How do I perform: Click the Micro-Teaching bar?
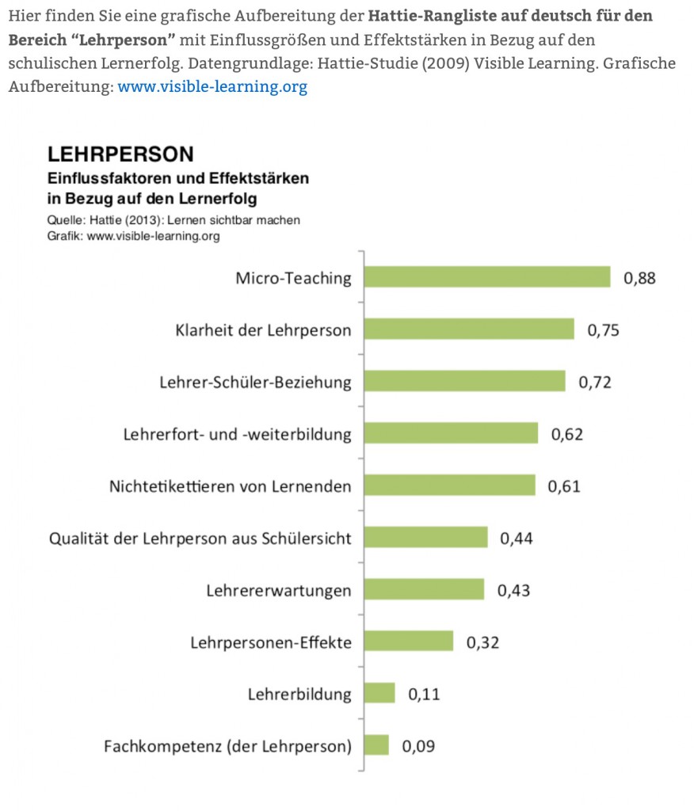[x=486, y=277]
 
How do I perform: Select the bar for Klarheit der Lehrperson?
[x=468, y=329]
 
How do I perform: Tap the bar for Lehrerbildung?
[x=379, y=694]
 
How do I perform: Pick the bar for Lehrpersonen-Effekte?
[x=408, y=642]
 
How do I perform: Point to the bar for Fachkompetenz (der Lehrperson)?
[x=376, y=745]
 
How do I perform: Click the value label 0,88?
[x=640, y=278]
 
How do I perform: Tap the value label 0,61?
[x=564, y=485]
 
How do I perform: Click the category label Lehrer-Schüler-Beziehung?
[x=255, y=382]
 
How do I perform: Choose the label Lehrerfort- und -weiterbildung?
[x=238, y=434]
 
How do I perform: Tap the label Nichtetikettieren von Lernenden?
[x=230, y=485]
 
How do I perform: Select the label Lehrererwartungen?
[x=279, y=590]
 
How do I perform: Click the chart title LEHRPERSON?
[x=120, y=153]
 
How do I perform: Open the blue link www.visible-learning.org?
[x=212, y=87]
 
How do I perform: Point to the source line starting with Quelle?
[x=173, y=220]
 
